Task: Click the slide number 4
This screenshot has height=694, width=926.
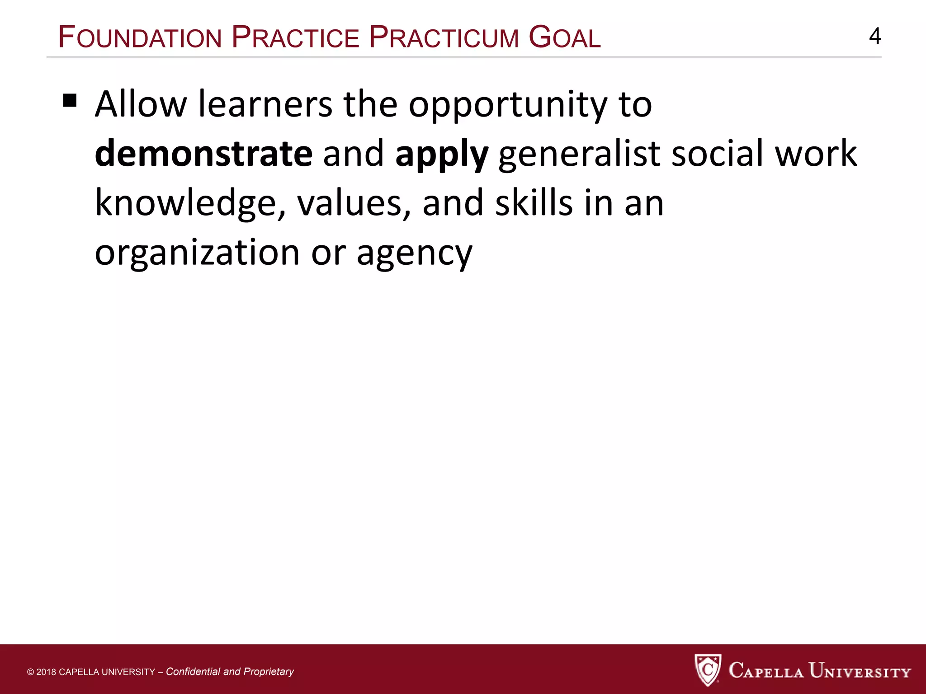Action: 875,36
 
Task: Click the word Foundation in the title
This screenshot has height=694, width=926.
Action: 140,38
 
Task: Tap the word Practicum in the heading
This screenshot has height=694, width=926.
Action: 444,38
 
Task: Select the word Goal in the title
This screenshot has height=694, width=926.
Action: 564,38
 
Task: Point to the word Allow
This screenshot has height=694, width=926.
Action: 141,104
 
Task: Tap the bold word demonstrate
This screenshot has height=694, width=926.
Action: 203,154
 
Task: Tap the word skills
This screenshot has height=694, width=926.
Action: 534,203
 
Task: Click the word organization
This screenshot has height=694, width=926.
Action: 197,253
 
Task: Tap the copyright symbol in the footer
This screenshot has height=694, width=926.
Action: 31,672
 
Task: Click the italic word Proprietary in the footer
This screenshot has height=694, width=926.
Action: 269,672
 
